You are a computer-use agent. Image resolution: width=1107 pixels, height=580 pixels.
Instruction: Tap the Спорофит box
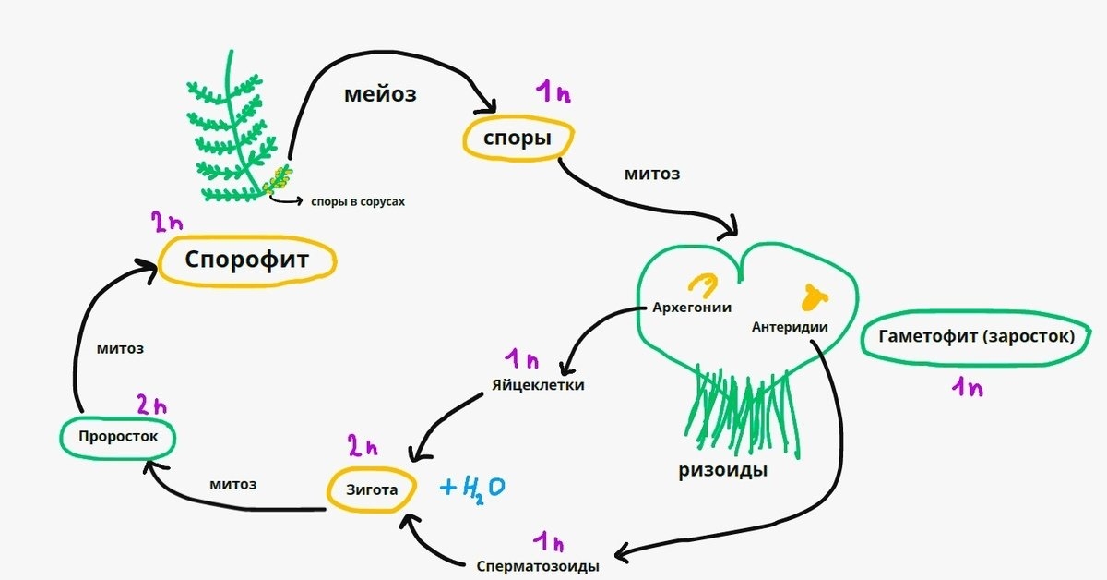point(246,260)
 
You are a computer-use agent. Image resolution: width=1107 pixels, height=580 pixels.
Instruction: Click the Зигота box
point(372,489)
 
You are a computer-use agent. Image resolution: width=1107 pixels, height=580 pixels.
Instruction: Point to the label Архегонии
point(692,308)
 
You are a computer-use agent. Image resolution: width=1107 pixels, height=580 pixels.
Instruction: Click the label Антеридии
point(790,326)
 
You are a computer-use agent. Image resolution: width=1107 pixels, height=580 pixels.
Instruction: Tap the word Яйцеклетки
point(539,385)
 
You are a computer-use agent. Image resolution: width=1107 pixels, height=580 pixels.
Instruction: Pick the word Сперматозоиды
point(539,565)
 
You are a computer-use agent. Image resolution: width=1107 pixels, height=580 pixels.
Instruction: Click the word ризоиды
point(723,470)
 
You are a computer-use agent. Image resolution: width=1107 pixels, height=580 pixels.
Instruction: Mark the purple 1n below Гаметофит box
point(967,387)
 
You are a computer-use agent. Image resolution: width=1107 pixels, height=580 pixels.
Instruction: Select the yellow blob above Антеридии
point(814,296)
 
